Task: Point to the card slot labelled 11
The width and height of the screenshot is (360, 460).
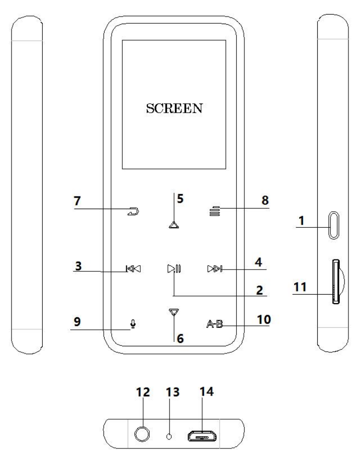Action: tap(335, 282)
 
